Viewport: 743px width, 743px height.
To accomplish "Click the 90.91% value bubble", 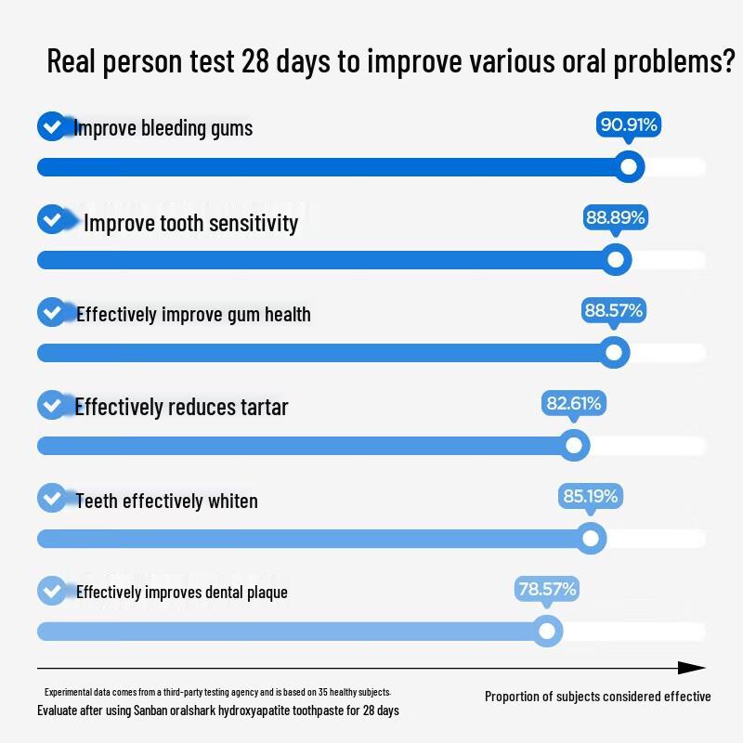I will coord(629,124).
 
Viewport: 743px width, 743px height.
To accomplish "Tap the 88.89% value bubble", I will coord(615,218).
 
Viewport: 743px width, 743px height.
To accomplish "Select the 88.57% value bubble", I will coord(613,311).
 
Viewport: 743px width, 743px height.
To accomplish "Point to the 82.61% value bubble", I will coord(574,404).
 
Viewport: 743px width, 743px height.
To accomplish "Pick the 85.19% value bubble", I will coord(590,497).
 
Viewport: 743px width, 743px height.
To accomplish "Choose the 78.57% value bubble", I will coord(547,590).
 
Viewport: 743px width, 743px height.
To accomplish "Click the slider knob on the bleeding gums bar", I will coord(630,167).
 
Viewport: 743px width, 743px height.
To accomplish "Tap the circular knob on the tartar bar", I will coord(575,446).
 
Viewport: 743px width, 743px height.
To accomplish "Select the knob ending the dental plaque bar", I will coord(547,632).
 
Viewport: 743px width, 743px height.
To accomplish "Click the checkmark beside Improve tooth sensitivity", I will coord(51,220).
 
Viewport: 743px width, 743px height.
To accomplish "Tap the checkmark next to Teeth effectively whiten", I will coord(51,498).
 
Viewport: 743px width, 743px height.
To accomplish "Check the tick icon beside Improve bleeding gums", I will coord(51,126).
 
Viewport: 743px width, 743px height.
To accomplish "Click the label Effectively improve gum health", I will coord(193,314).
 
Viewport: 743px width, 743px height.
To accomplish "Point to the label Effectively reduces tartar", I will coord(182,407).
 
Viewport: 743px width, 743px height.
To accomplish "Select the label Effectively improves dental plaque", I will coord(182,593).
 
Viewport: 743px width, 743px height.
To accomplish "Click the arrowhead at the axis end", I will coord(693,668).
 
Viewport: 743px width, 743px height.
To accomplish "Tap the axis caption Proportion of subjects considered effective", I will coord(597,697).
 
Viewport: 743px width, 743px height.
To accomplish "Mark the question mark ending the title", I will coord(727,63).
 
